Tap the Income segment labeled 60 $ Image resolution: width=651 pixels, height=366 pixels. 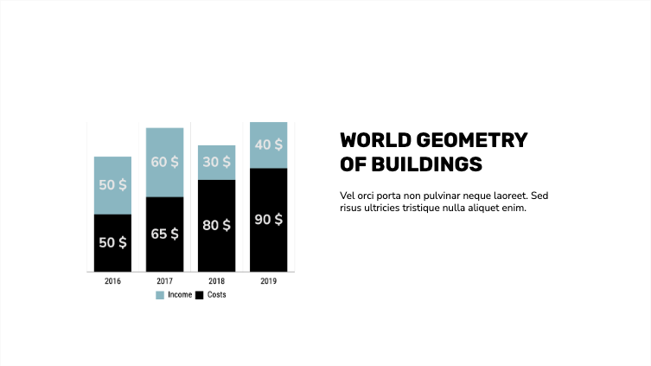[x=164, y=162]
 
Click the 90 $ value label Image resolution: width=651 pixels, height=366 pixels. [x=268, y=220]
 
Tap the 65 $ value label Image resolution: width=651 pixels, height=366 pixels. [x=164, y=234]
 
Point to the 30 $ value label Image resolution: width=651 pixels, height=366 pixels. [x=216, y=162]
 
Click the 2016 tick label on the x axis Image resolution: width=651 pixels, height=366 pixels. [x=112, y=281]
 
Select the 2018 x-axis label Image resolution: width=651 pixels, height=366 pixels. [x=216, y=281]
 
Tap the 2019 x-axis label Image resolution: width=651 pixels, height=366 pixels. [x=268, y=281]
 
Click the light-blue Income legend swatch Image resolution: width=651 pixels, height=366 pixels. [x=160, y=295]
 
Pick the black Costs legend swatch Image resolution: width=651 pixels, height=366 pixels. [x=199, y=295]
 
